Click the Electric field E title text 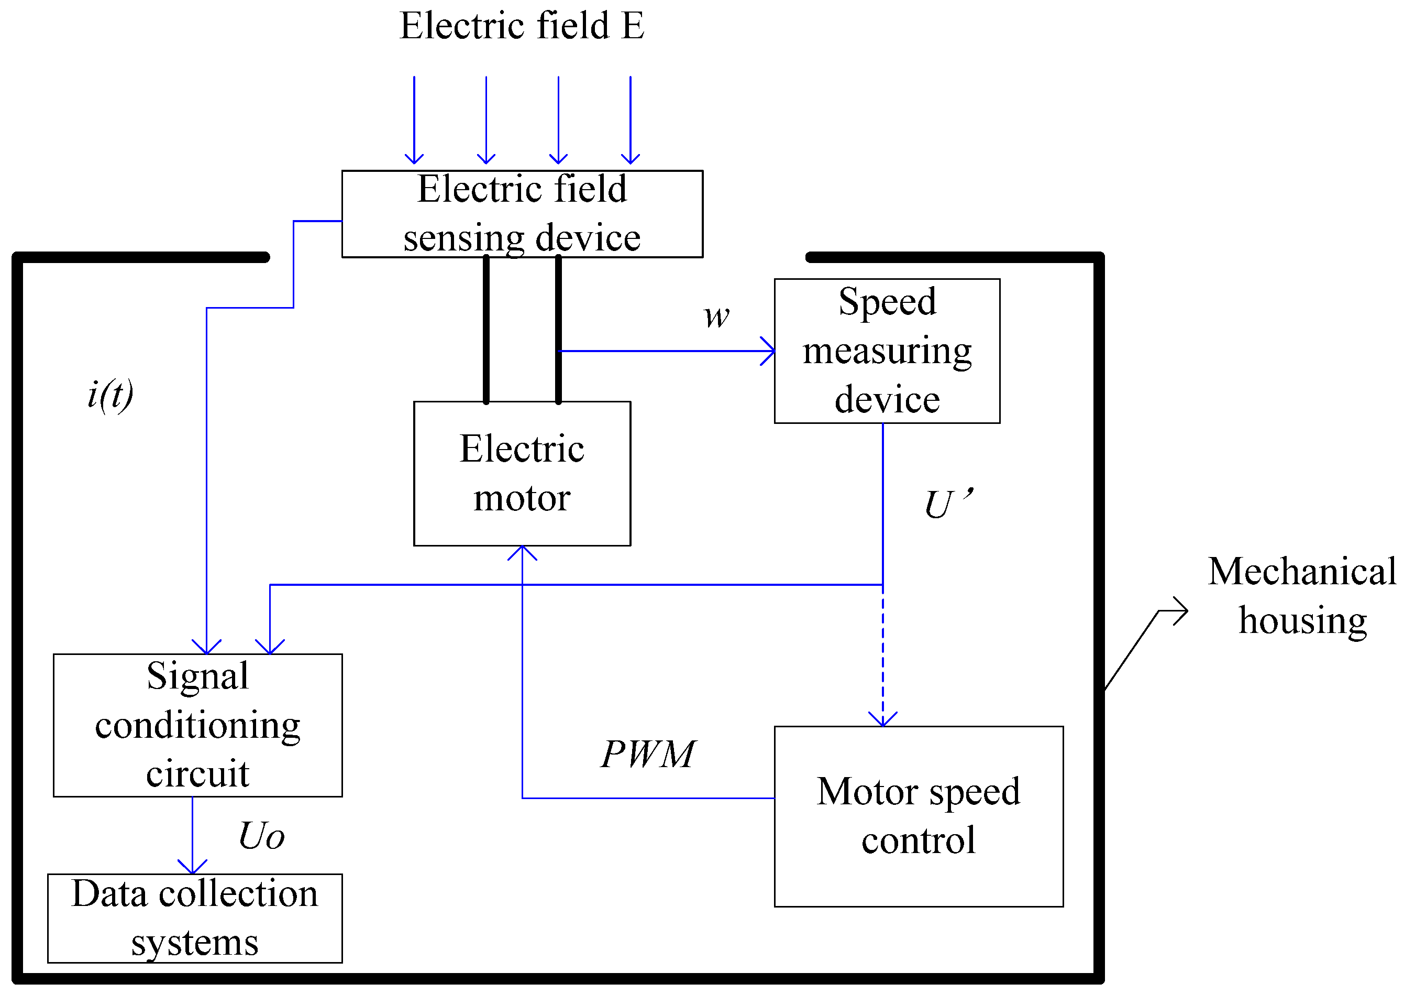[521, 26]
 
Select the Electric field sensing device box [521, 214]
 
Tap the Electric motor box [521, 473]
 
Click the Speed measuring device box [887, 351]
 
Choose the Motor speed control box [917, 816]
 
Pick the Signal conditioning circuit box [197, 725]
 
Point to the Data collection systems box [194, 918]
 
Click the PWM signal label [647, 754]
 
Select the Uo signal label [261, 836]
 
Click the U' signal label [947, 504]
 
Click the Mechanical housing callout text [1301, 596]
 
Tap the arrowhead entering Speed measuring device [770, 351]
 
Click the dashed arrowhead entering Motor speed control [882, 720]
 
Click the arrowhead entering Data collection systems [192, 868]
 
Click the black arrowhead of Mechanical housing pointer [1182, 611]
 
